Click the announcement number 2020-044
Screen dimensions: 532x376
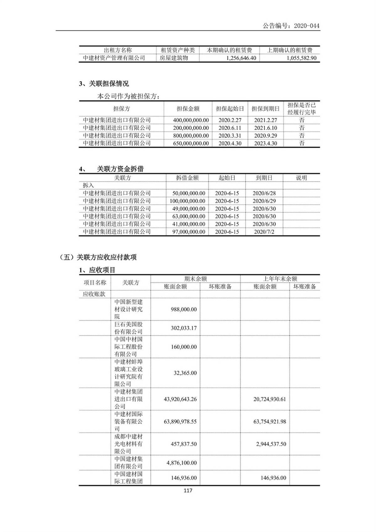coord(307,26)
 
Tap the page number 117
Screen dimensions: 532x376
coord(188,491)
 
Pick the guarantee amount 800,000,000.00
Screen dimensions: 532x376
coord(191,136)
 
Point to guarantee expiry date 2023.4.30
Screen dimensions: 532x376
coord(265,143)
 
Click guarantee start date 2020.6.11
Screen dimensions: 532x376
coord(230,128)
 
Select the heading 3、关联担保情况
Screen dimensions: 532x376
coord(104,84)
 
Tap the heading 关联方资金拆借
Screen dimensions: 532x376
coord(120,169)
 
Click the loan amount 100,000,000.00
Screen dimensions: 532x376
coord(187,201)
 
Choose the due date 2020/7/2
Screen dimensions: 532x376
coord(264,232)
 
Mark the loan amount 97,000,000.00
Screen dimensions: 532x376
coord(189,232)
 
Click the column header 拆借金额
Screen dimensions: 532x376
coord(187,178)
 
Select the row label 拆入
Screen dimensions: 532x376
coord(88,185)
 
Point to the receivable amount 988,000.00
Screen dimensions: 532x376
coord(184,309)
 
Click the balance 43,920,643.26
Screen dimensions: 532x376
coord(180,399)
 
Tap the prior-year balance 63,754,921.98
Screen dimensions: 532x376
coord(269,422)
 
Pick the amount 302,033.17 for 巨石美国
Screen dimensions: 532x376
coord(184,328)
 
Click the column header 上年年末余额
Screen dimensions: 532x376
coord(280,279)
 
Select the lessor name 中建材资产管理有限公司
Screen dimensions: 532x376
coord(114,58)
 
